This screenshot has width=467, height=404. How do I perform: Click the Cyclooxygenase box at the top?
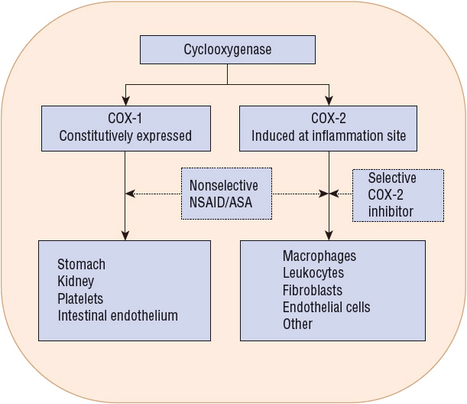(x=227, y=50)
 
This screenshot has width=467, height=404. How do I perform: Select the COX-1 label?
(x=125, y=119)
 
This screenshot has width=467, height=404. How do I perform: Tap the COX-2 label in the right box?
(x=329, y=119)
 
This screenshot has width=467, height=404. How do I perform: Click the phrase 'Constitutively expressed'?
(x=125, y=137)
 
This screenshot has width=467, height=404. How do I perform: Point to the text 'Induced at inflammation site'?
(x=329, y=137)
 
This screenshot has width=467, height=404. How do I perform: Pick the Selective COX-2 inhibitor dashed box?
(x=392, y=194)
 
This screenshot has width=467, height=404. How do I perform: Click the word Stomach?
(x=81, y=265)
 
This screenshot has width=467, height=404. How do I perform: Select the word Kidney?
(x=76, y=282)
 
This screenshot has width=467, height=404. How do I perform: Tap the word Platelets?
(x=79, y=298)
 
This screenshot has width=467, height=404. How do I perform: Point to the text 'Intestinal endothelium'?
(x=117, y=315)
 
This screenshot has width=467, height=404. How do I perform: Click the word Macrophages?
(x=319, y=256)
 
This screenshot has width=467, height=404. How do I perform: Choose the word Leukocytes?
(x=313, y=273)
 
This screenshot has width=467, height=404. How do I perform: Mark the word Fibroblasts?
(x=313, y=291)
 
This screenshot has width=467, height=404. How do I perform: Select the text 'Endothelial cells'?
(x=326, y=308)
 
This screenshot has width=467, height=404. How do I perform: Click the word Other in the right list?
(x=297, y=324)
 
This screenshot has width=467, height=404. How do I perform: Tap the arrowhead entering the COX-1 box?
(x=125, y=99)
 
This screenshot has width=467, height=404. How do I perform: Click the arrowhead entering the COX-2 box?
(x=329, y=99)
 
